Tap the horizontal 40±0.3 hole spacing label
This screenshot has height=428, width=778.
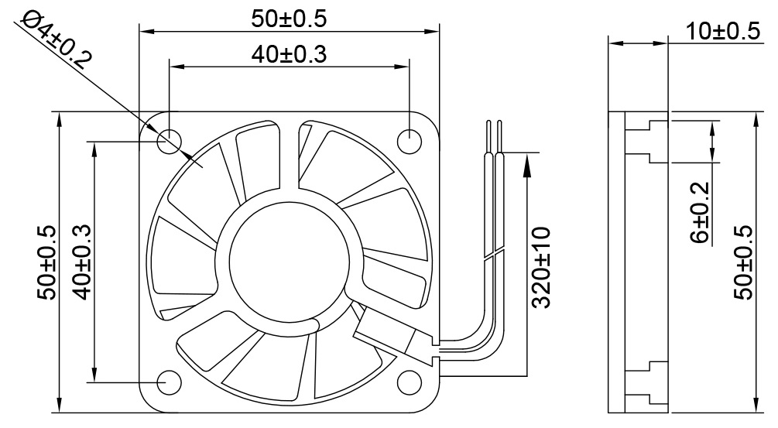pyautogui.click(x=288, y=54)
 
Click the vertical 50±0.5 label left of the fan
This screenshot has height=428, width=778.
pyautogui.click(x=46, y=262)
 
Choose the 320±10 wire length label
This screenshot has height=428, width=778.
pyautogui.click(x=541, y=267)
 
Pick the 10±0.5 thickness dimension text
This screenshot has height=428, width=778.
pyautogui.click(x=722, y=32)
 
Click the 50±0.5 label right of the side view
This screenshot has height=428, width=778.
pyautogui.click(x=742, y=262)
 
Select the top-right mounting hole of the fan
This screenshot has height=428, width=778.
pyautogui.click(x=409, y=141)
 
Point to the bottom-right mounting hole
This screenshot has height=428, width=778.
pyautogui.click(x=409, y=382)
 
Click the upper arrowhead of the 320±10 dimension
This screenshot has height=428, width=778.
pyautogui.click(x=527, y=159)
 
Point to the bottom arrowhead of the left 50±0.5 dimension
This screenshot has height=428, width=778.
pyautogui.click(x=59, y=407)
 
